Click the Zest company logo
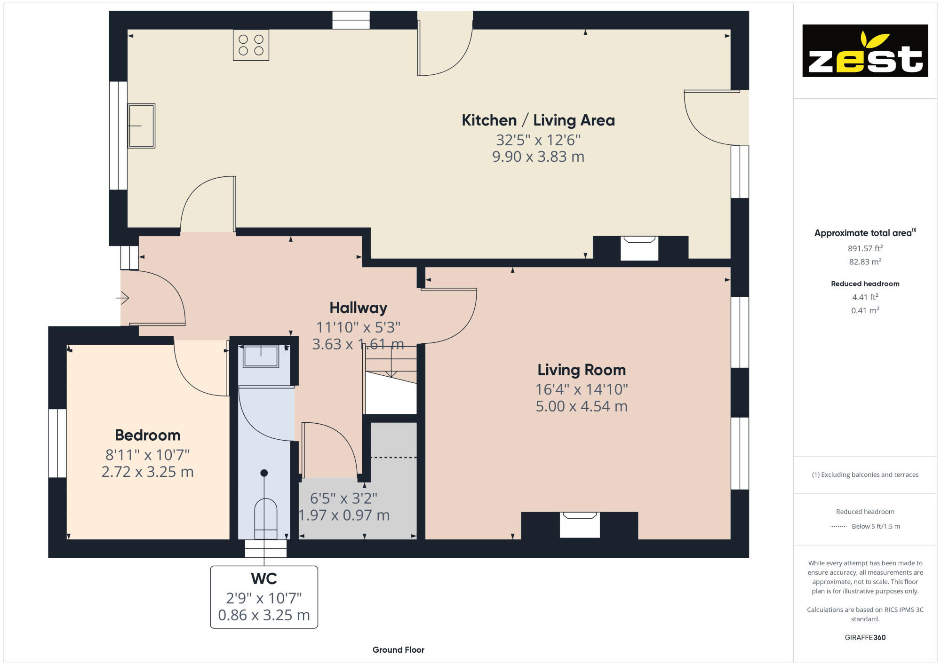click(x=865, y=51)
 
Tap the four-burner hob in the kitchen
click(x=251, y=45)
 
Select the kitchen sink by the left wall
click(x=141, y=126)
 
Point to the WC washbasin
click(x=261, y=356)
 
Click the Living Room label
click(x=582, y=370)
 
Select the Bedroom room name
click(x=148, y=435)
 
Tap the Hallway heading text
click(x=358, y=308)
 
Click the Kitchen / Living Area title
click(x=538, y=120)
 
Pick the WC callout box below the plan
click(x=264, y=597)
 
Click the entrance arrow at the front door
click(x=122, y=298)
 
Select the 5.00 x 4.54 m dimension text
click(x=582, y=406)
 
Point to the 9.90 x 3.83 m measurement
click(x=538, y=157)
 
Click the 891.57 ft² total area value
click(x=865, y=248)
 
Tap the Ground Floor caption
click(x=399, y=650)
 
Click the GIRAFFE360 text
click(x=865, y=638)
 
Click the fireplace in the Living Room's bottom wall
click(x=580, y=525)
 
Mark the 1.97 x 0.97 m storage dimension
click(x=344, y=515)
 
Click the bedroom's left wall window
click(x=57, y=443)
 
